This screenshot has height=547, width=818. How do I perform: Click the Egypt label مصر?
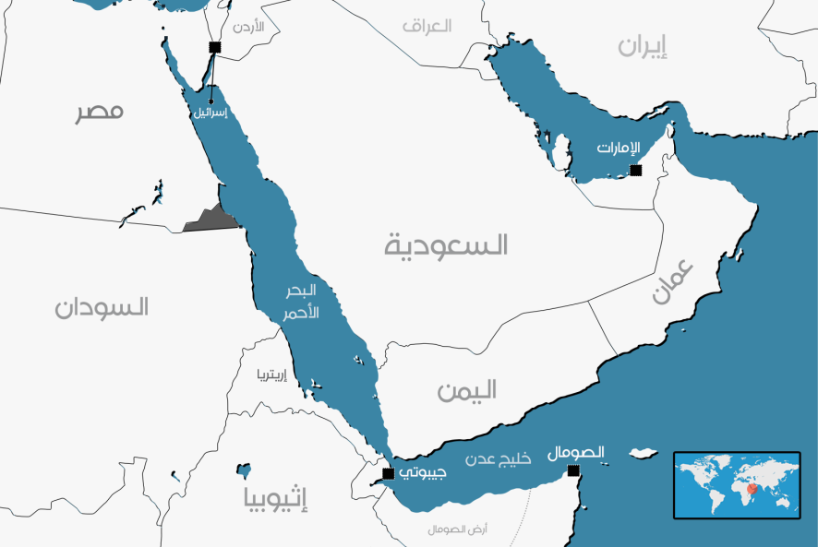[99, 112]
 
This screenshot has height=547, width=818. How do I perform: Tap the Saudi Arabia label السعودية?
[447, 244]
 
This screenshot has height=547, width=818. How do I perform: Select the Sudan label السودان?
[101, 307]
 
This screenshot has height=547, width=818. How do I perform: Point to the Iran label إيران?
[644, 46]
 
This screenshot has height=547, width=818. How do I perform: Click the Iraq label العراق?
[427, 26]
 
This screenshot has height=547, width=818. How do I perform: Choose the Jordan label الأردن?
[248, 27]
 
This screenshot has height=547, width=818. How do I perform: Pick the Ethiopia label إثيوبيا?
[275, 499]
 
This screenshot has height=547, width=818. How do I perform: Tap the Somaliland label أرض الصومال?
[458, 529]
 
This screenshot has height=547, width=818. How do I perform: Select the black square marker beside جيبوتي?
[389, 473]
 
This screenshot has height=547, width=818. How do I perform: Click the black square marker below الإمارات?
[635, 170]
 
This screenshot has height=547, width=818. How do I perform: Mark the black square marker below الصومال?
[574, 471]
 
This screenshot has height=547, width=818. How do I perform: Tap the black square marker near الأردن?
[215, 47]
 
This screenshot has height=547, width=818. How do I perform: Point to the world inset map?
[736, 484]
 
